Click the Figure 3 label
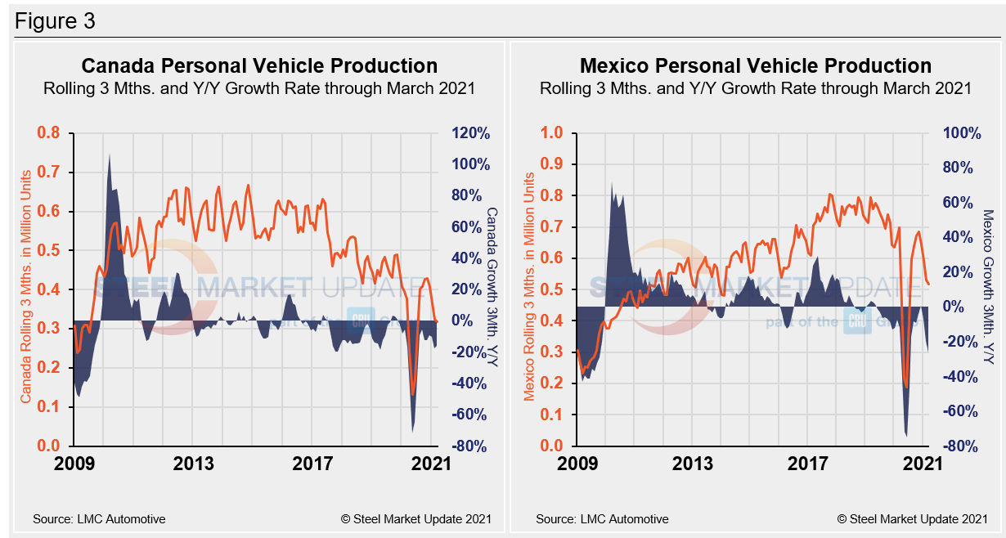tap(55, 21)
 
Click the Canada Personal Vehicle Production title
tap(259, 65)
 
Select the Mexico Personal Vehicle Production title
tap(756, 65)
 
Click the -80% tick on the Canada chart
tap(470, 446)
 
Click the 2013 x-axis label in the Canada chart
tap(194, 464)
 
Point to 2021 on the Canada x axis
tap(431, 464)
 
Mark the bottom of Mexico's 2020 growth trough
tap(906, 436)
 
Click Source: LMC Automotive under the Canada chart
tap(99, 518)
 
